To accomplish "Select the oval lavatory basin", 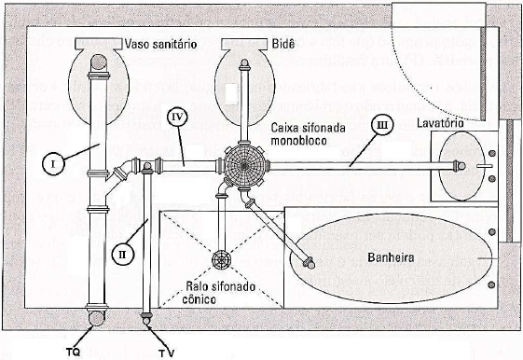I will [x=461, y=166].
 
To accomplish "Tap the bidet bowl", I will [x=244, y=89].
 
